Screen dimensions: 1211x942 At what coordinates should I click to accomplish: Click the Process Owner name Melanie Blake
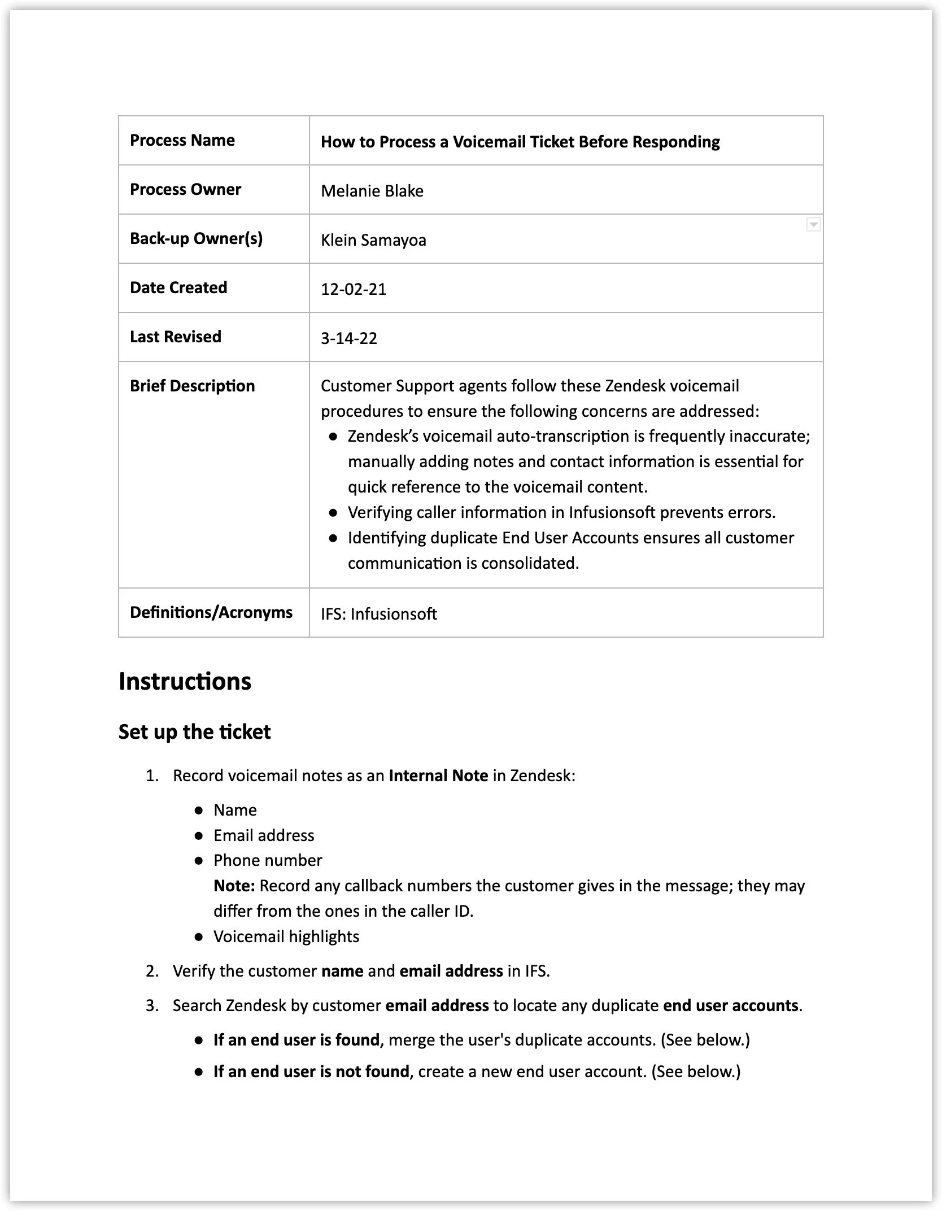[372, 191]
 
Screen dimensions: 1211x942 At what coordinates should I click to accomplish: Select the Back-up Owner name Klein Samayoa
[373, 240]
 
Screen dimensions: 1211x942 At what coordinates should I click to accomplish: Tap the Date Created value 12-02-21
[354, 289]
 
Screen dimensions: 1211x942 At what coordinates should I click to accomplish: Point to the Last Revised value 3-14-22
[348, 338]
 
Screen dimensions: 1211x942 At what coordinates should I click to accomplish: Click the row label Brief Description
[192, 386]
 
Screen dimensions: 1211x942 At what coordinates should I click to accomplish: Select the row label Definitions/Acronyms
[211, 612]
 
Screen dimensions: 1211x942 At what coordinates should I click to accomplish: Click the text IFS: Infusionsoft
[378, 614]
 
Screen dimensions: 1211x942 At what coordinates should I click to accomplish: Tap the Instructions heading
[185, 681]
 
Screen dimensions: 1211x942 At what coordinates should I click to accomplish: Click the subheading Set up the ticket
[194, 732]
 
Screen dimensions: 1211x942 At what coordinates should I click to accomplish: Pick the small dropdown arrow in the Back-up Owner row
[813, 225]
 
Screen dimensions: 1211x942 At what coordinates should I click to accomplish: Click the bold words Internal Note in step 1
[438, 776]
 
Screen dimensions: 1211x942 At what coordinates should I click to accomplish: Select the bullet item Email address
[264, 835]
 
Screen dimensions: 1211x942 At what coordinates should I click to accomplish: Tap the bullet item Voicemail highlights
[286, 936]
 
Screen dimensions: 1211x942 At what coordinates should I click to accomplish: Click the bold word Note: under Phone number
[234, 886]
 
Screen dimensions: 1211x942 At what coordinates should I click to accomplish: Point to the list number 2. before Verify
[152, 971]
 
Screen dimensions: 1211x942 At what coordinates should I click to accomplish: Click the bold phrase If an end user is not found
[311, 1071]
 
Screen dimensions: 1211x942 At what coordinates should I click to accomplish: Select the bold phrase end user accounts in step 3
[731, 1005]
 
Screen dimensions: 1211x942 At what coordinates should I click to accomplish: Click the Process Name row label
[182, 140]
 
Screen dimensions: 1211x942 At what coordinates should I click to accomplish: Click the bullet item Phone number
[268, 860]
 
